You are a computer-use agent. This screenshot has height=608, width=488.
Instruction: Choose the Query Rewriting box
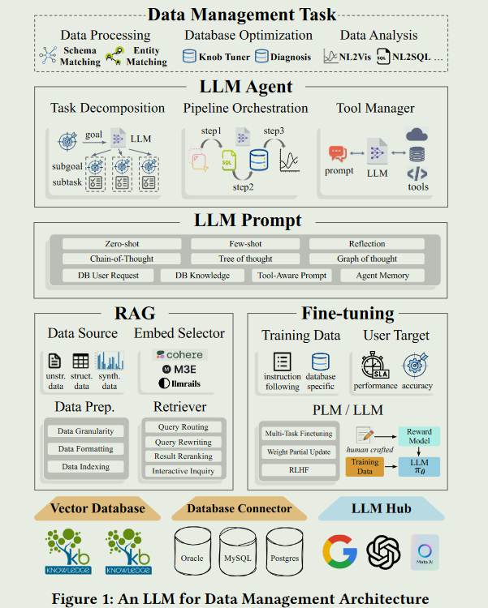pos(184,442)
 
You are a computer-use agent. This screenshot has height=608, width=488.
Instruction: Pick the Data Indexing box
pos(87,467)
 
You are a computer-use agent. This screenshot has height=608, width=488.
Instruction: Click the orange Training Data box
pos(365,465)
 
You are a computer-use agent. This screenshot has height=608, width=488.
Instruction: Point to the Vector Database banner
pos(97,508)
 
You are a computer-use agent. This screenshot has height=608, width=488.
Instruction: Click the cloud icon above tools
pos(417,135)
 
